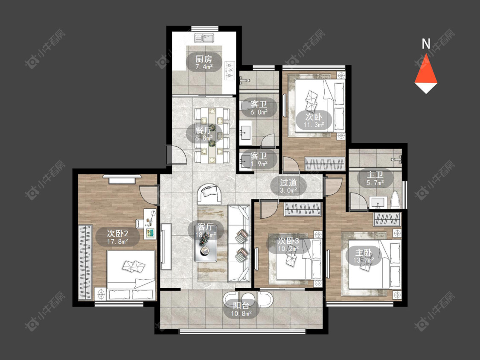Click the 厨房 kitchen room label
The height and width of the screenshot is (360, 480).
[x=204, y=62]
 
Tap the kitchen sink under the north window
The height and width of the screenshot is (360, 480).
[x=204, y=38]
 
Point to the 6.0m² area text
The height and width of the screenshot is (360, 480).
[x=259, y=112]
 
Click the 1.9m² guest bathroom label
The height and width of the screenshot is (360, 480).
[x=259, y=160]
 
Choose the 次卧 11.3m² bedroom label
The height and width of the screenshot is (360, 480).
[x=314, y=120]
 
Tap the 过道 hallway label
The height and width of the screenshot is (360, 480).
[x=288, y=186]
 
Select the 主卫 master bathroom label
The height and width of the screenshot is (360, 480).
[x=375, y=179]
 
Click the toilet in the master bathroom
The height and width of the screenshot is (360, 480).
[x=396, y=200]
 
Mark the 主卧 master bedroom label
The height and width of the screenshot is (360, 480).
[x=364, y=257]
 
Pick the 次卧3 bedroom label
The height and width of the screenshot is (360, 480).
[x=288, y=245]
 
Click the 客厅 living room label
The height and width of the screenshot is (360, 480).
[x=205, y=231]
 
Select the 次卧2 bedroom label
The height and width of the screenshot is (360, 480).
[x=118, y=237]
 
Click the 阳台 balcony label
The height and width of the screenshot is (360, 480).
[x=241, y=310]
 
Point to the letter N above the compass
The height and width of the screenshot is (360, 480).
[x=426, y=44]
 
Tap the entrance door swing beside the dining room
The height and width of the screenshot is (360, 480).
[x=177, y=155]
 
